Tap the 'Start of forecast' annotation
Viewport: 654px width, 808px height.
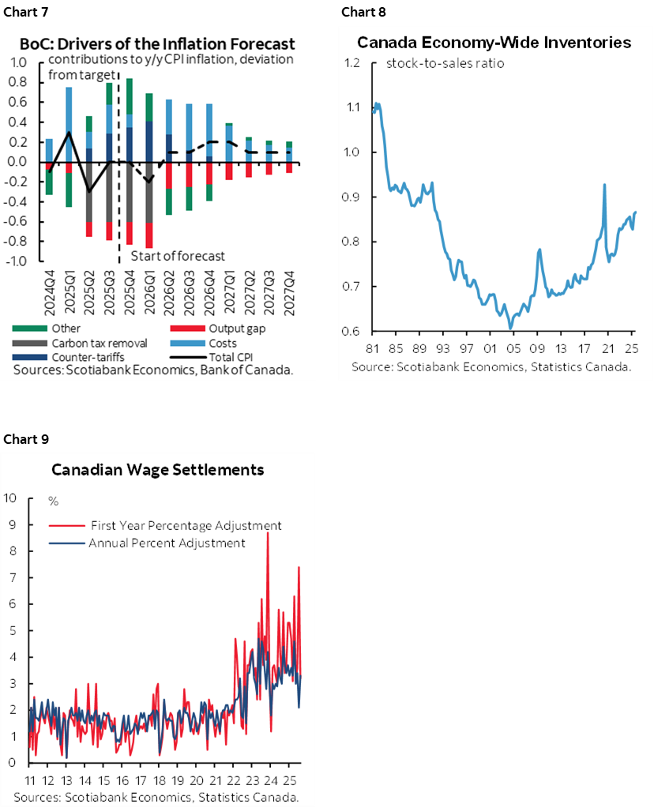tap(178, 255)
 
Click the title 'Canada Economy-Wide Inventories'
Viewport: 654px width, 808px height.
tap(494, 43)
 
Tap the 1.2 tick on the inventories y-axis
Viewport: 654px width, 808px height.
tap(353, 63)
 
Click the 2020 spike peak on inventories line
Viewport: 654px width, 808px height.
tap(604, 185)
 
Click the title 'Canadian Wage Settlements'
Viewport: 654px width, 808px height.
tap(157, 470)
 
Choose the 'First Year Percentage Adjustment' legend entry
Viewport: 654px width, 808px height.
tap(186, 525)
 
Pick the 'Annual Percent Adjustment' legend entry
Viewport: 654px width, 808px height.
tap(167, 543)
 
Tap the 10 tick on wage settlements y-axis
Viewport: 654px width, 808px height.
tap(10, 498)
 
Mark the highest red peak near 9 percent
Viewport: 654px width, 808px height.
tap(267, 533)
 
